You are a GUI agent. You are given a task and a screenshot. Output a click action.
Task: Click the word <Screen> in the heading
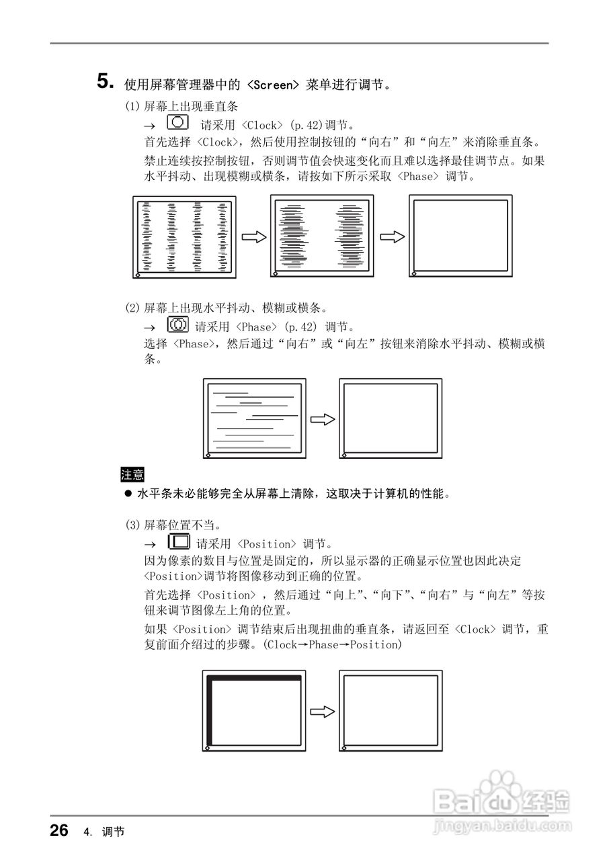tap(272, 85)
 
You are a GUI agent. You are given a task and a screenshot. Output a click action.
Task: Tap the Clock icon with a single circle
tap(177, 122)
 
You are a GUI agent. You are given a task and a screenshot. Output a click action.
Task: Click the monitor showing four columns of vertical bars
tap(184, 236)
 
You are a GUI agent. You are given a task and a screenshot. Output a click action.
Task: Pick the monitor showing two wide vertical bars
tap(321, 236)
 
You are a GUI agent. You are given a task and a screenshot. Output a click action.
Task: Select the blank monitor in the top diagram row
tap(460, 236)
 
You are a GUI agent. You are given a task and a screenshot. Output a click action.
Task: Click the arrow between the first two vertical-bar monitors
tap(253, 236)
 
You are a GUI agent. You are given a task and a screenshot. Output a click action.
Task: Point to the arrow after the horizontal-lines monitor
tap(323, 419)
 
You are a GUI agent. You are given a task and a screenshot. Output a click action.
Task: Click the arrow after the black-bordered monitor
tap(323, 711)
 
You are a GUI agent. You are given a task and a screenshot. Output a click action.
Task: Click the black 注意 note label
tap(132, 474)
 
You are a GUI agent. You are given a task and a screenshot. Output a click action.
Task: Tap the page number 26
tap(59, 830)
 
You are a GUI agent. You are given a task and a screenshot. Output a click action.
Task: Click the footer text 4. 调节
tap(104, 832)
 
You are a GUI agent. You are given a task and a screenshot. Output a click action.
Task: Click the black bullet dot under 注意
tap(126, 494)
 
